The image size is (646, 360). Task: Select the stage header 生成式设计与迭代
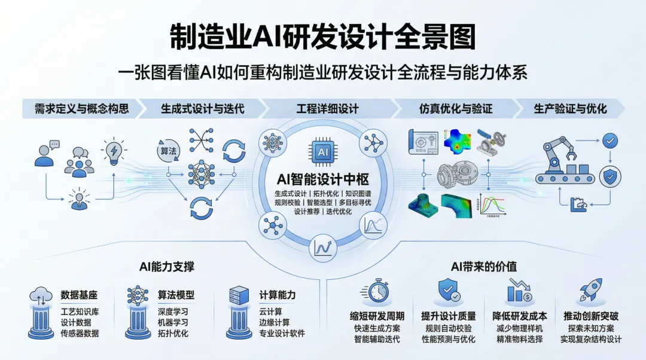pyautogui.click(x=203, y=109)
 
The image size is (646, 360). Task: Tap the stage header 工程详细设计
pyautogui.click(x=327, y=109)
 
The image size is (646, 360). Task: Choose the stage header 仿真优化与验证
pyautogui.click(x=455, y=109)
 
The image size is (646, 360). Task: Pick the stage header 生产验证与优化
pyautogui.click(x=569, y=109)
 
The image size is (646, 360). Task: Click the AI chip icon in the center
pyautogui.click(x=323, y=152)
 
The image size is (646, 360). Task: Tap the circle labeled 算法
pyautogui.click(x=168, y=151)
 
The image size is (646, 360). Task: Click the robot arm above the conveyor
pyautogui.click(x=557, y=152)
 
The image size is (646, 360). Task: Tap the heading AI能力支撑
pyautogui.click(x=166, y=267)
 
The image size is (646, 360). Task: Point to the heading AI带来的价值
pyautogui.click(x=484, y=267)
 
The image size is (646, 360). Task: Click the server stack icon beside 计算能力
pyautogui.click(x=238, y=295)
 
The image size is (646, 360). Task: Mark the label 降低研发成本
pyautogui.click(x=520, y=316)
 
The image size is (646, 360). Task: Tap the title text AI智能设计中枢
pyautogui.click(x=323, y=179)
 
